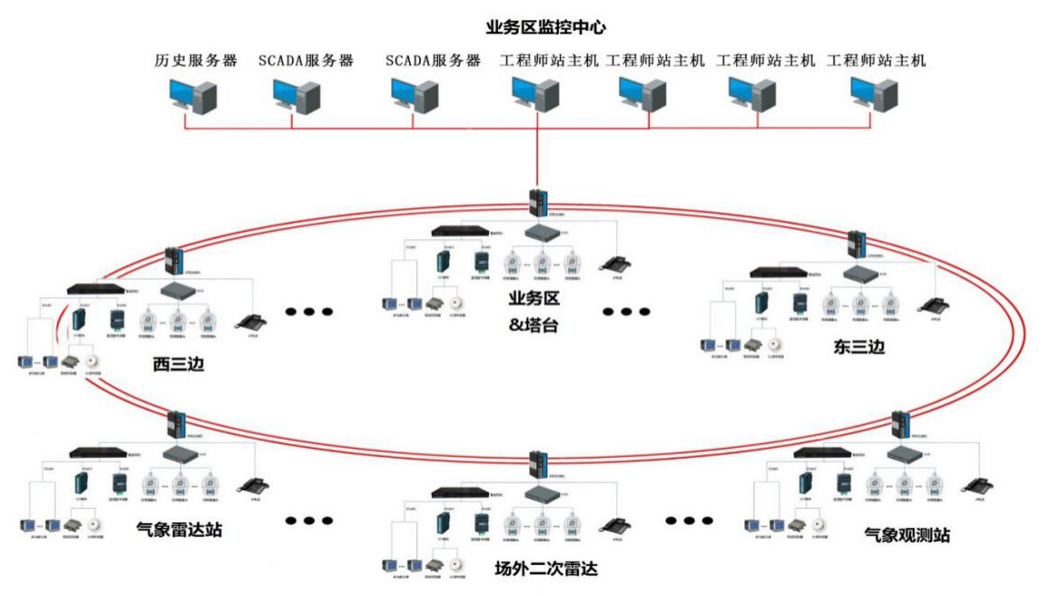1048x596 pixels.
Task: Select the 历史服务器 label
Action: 195,61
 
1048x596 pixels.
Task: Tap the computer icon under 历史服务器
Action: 193,94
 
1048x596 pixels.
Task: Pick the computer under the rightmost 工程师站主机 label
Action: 873,94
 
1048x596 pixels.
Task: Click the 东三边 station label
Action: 858,346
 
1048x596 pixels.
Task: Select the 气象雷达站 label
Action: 179,529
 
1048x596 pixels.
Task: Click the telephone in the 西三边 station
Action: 251,321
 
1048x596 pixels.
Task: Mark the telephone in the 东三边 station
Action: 929,305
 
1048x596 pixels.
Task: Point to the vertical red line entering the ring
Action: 538,159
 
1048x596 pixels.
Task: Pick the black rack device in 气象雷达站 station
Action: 98,452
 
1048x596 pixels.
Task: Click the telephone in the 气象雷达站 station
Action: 251,485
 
